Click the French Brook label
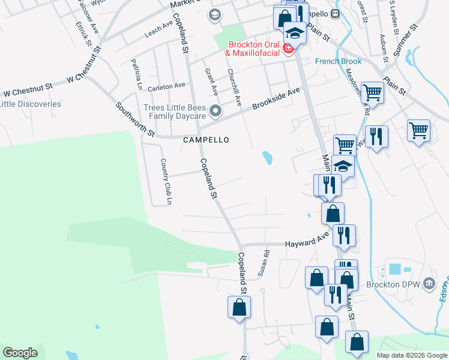339,61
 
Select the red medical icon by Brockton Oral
288,48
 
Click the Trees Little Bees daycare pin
215,112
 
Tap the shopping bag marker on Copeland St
240,308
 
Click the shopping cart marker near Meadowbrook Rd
372,93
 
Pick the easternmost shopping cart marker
418,130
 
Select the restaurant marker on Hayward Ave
344,235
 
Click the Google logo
20,352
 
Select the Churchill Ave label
234,88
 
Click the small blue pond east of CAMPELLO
267,158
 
